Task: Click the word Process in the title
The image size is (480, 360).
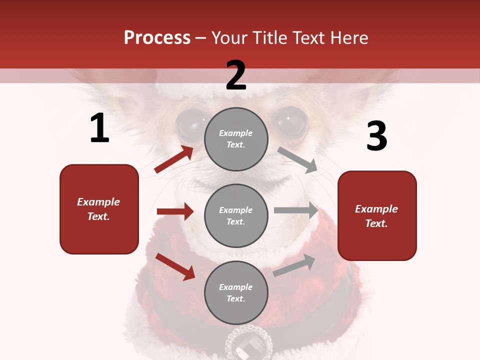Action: (157, 38)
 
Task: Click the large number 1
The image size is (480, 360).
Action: (99, 128)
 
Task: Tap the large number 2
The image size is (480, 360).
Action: (236, 75)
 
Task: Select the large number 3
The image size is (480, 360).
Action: (376, 136)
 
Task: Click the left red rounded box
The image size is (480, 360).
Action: (99, 209)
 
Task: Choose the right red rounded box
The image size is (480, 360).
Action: (377, 215)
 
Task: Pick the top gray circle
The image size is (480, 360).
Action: (236, 139)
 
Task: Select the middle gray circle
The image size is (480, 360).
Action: (236, 215)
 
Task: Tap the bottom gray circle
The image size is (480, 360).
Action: (236, 292)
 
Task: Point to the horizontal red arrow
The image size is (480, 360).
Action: (175, 211)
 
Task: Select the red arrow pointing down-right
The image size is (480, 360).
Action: (175, 266)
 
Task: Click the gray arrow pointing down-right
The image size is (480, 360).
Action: (297, 160)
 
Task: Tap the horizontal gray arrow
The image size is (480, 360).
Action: (296, 210)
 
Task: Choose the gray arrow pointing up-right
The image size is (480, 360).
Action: (294, 265)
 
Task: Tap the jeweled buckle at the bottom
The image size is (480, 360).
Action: (248, 345)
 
